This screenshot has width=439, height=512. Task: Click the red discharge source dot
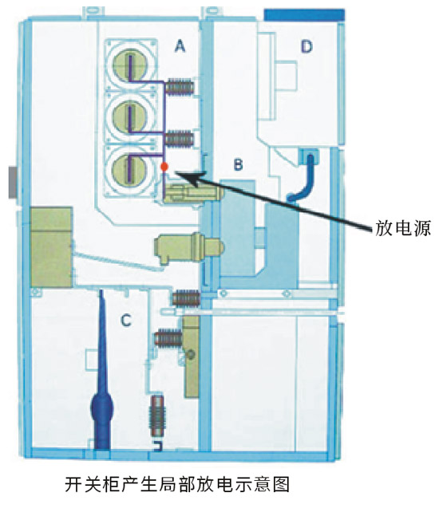[164, 167]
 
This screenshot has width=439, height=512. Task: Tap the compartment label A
[180, 46]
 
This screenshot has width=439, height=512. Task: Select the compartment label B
[239, 164]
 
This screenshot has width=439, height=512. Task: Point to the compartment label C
[126, 321]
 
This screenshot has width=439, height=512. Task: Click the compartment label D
[307, 47]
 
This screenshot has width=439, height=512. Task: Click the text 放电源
[403, 228]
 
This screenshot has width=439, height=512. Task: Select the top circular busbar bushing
[131, 65]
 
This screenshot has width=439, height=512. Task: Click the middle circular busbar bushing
[131, 116]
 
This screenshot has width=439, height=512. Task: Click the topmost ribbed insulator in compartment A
[180, 88]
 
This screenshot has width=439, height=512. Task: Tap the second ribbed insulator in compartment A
[179, 139]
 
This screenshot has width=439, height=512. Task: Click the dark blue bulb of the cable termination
[101, 408]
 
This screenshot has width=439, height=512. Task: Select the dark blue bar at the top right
[304, 15]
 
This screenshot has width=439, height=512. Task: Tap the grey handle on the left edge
[13, 183]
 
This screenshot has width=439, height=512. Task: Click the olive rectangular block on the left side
[51, 247]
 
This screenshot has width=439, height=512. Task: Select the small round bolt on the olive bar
[191, 354]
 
